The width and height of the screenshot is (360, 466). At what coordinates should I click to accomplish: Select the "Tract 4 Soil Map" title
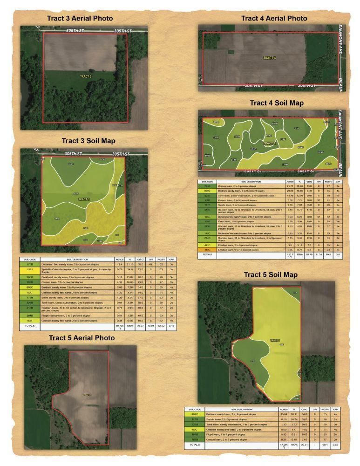pyautogui.click(x=276, y=103)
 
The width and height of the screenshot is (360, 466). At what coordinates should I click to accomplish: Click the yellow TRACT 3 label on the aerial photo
pyautogui.click(x=85, y=76)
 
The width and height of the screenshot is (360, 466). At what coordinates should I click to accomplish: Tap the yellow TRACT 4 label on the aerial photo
pyautogui.click(x=269, y=58)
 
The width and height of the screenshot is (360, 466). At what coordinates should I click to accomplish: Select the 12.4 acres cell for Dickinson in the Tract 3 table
pyautogui.click(x=119, y=264)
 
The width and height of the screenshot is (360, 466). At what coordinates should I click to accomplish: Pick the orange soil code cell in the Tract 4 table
pyautogui.click(x=207, y=250)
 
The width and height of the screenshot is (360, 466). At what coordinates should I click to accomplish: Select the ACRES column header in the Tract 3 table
pyautogui.click(x=119, y=259)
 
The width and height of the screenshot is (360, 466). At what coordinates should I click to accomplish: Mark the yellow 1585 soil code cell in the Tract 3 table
pyautogui.click(x=29, y=270)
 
